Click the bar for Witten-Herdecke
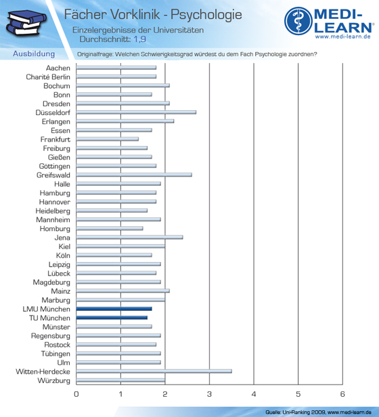point(154,371)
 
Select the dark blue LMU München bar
point(114,309)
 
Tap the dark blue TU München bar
point(112,317)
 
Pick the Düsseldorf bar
point(136,112)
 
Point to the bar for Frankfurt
point(108,139)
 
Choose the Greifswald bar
point(134,175)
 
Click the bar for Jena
point(129,237)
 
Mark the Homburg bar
point(110,228)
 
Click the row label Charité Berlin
point(48,77)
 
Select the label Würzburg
point(53,380)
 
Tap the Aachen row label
point(58,68)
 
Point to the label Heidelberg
point(53,211)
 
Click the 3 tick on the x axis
point(209,394)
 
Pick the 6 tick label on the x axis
point(342,394)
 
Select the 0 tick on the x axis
point(76,394)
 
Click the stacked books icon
point(26,23)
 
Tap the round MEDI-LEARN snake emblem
point(298,21)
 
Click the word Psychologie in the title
point(206,15)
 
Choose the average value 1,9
point(139,39)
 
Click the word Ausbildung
point(34,54)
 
